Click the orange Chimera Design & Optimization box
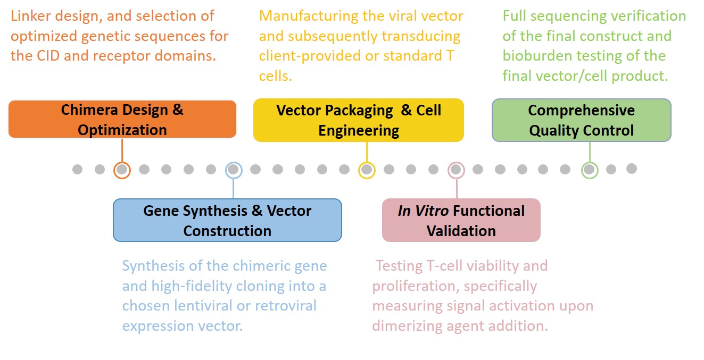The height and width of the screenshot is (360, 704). pos(122,120)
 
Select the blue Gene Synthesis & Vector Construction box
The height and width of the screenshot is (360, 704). pos(227,221)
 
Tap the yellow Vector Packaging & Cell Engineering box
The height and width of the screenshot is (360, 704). pos(358,120)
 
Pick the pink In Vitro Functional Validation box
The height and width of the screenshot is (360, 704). pos(461,221)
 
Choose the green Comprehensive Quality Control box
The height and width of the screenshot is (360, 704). pos(581,120)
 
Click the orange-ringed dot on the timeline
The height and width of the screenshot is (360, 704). pos(122,170)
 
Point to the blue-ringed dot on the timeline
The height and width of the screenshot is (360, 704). pos(233,170)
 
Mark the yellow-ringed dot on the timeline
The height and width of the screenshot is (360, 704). pos(367,170)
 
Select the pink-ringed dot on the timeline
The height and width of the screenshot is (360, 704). pos(455,170)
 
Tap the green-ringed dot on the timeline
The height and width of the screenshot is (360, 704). pos(589,170)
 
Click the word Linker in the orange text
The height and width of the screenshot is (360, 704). pos(30,16)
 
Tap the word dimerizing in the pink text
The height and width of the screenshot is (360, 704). pos(401,325)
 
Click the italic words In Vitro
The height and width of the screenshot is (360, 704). pos(424,211)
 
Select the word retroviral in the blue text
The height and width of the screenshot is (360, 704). pos(285,306)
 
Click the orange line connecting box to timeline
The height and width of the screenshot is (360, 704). pos(122,150)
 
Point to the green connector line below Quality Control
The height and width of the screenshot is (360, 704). pos(589,152)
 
